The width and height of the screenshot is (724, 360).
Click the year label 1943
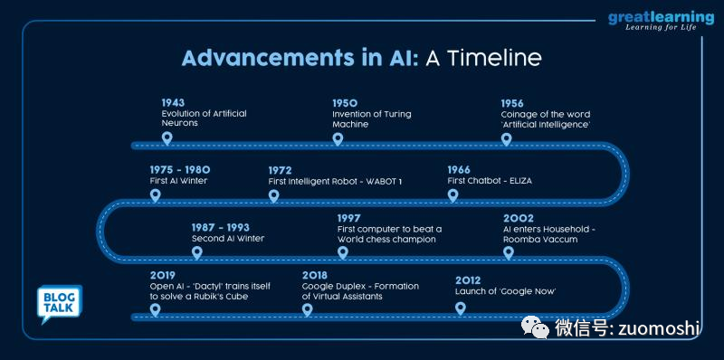pos(173,103)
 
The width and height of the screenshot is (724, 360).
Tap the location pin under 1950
pos(338,139)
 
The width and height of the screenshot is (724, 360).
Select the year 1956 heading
pos(512,103)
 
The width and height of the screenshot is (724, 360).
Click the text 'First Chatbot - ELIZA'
pos(490,181)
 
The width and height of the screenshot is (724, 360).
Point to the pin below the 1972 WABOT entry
pos(274,194)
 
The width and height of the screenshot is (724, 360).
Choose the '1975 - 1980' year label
pos(180,169)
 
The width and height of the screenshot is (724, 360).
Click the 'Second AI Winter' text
pos(228,239)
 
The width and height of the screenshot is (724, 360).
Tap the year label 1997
pos(348,218)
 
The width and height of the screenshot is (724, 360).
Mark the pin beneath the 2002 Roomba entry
pos(508,252)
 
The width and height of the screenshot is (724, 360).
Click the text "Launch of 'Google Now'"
pos(505,291)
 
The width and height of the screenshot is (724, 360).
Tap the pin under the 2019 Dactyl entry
pos(155,309)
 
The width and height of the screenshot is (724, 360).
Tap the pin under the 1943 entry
pos(167,139)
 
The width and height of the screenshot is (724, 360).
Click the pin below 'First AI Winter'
pos(155,194)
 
